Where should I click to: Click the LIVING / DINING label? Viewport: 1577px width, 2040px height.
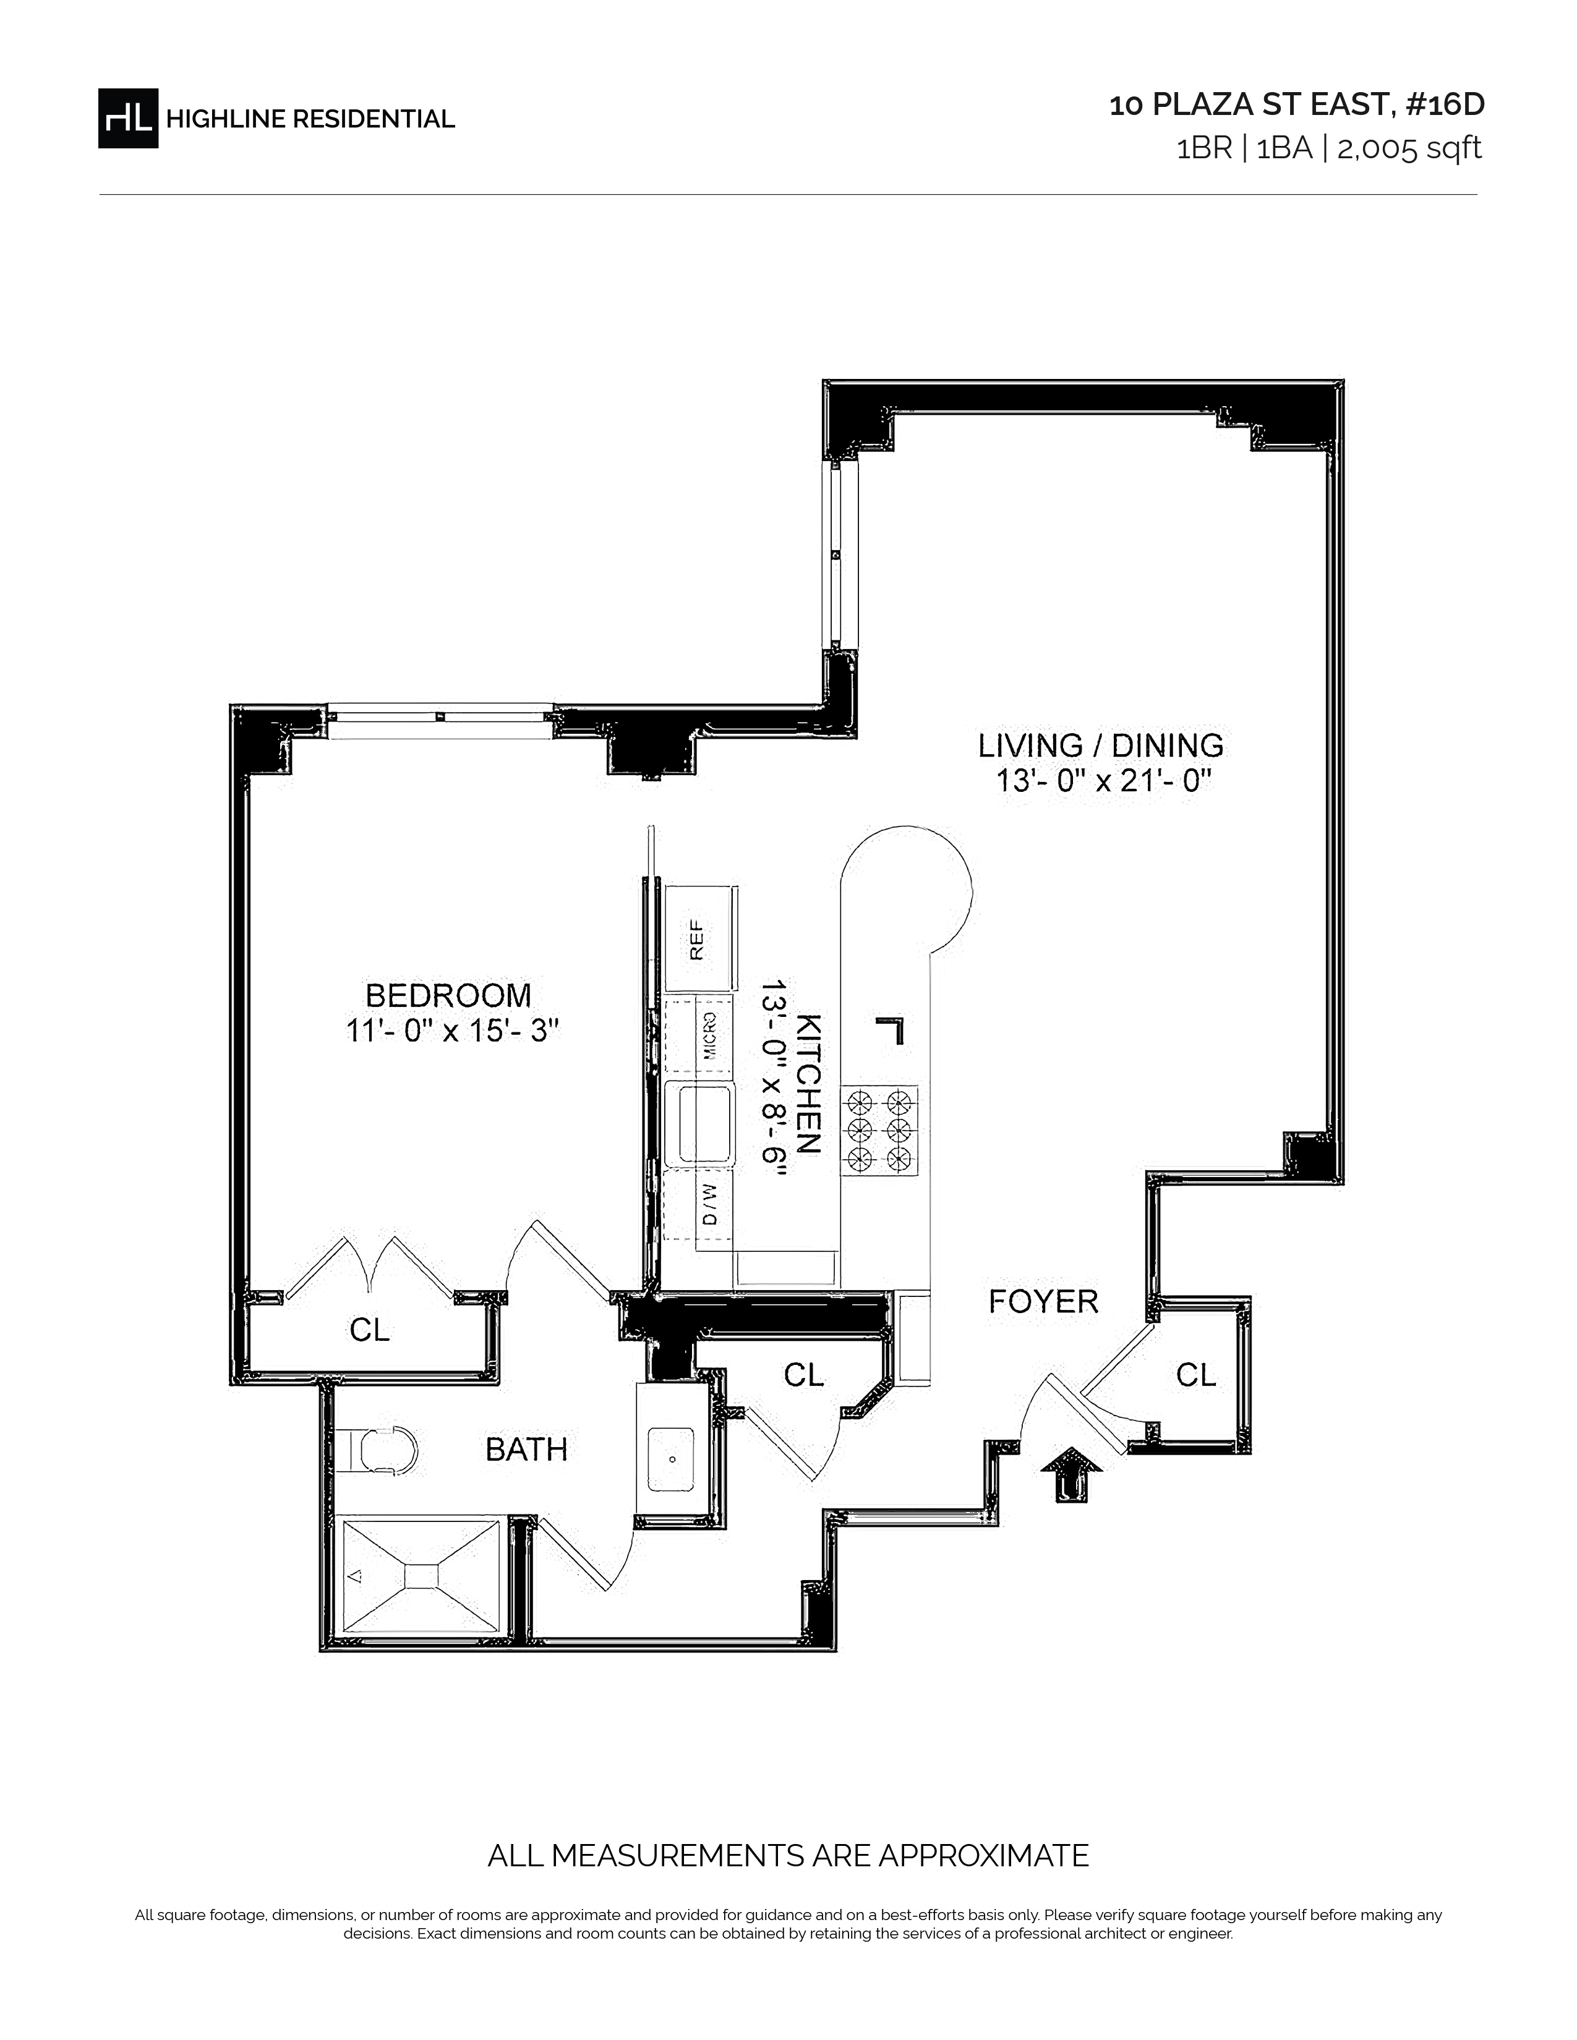coord(1101,746)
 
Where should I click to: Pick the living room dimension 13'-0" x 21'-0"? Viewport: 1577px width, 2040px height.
coord(1103,781)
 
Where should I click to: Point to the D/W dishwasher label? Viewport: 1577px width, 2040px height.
coord(710,1204)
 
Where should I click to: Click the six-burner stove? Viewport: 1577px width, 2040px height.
coord(879,1130)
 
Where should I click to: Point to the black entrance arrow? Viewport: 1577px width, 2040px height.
coord(1072,1474)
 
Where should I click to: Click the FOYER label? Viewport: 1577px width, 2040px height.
coord(1043,1301)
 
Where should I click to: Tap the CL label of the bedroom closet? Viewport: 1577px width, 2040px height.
coord(369,1330)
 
